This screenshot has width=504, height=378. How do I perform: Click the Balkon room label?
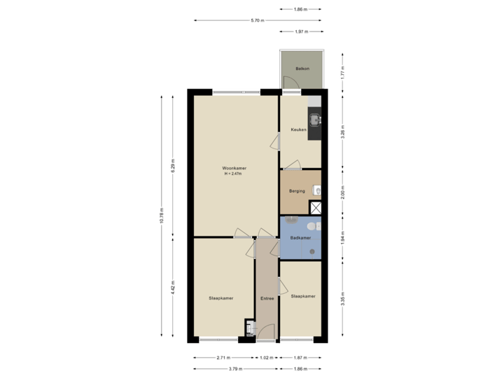coord(302,69)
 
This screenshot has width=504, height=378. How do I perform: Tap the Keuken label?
coord(300,130)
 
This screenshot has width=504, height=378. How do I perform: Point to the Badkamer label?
coord(300,238)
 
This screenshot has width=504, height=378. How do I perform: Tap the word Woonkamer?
coord(234,169)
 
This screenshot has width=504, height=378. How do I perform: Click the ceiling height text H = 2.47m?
coord(234,174)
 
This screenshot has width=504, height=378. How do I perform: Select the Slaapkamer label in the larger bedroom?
coord(220,298)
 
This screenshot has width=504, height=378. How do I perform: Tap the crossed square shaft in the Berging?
coord(316,207)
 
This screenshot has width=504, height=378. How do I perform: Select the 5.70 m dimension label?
coord(257,20)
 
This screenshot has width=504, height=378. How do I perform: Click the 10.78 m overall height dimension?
coord(162,215)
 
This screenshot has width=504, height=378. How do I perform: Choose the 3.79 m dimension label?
coord(234,367)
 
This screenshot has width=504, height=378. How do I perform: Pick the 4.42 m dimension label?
coord(173,288)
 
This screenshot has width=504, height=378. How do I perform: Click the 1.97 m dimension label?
coord(301,31)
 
